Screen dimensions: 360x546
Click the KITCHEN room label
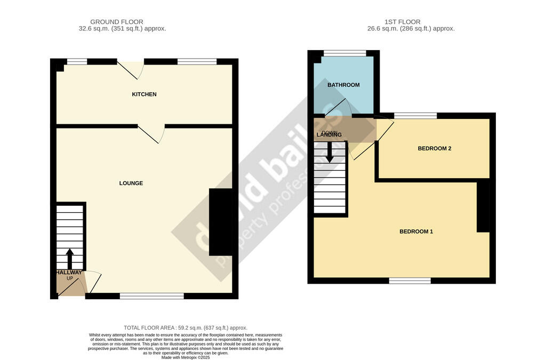point(144,94)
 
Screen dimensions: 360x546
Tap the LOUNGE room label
point(131,183)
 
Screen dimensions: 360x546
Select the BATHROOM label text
point(343,85)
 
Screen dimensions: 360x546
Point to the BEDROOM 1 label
point(416,231)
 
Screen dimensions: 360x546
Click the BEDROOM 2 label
point(434,148)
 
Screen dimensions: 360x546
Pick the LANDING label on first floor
point(329,135)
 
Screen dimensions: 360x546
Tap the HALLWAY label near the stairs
point(69,273)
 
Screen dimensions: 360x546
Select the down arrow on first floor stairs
point(330,153)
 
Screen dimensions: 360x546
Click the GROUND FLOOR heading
point(116,22)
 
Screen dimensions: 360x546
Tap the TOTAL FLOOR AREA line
point(185,327)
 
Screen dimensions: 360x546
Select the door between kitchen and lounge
point(150,134)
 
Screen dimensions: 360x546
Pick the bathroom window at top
point(344,53)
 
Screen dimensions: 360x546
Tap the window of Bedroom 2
point(415,116)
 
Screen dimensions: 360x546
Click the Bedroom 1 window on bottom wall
point(409,281)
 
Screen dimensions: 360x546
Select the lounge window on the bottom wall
point(151,295)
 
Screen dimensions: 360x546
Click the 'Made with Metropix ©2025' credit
point(185,357)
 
